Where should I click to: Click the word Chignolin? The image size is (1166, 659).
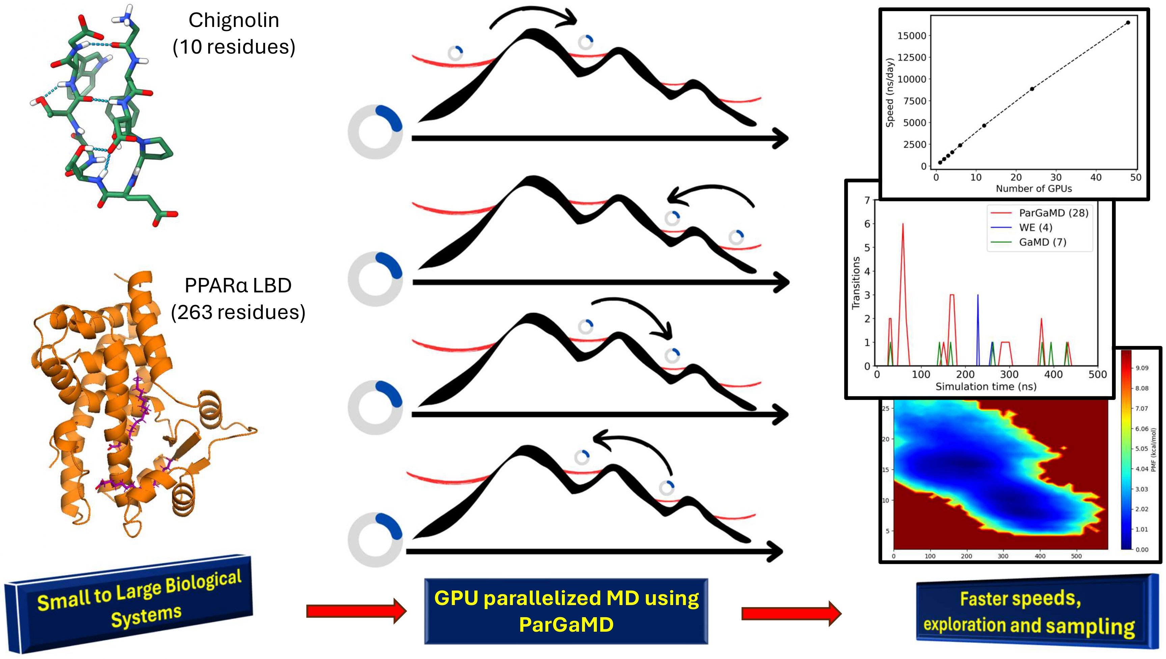click(233, 20)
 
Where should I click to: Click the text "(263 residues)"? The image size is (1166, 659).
click(238, 312)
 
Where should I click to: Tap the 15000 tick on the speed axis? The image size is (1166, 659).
click(912, 36)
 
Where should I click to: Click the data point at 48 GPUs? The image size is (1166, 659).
click(1128, 23)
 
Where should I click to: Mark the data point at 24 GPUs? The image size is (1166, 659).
click(1032, 89)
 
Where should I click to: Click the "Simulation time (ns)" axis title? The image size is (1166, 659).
click(986, 386)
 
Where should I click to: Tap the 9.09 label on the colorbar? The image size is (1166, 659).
click(1142, 368)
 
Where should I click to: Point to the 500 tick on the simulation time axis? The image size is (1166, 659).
click(1097, 375)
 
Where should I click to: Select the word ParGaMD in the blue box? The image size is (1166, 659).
click(566, 625)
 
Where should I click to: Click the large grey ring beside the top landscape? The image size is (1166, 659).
click(375, 132)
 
